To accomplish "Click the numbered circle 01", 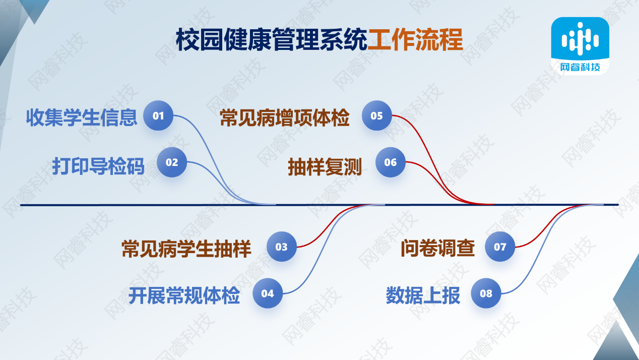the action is click(158, 115).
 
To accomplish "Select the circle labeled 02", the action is click(172, 162).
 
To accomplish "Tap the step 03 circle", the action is click(282, 247).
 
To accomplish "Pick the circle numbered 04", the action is click(268, 293).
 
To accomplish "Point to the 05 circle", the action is click(376, 115).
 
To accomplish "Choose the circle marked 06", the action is click(390, 162).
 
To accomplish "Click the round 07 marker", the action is click(500, 247).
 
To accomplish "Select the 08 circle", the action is click(486, 293).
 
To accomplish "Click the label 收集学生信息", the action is click(82, 117).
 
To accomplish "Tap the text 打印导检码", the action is click(98, 166).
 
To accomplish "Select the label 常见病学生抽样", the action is click(186, 249).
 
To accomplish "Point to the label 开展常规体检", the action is click(184, 295).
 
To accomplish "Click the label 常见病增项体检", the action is click(285, 117).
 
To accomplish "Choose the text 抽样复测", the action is click(325, 167).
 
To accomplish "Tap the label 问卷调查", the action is click(438, 249).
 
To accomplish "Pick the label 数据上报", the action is click(423, 295).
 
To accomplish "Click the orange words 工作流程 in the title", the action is click(415, 40).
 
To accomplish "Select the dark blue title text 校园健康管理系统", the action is click(272, 40).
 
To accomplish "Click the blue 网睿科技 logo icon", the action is click(580, 46).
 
